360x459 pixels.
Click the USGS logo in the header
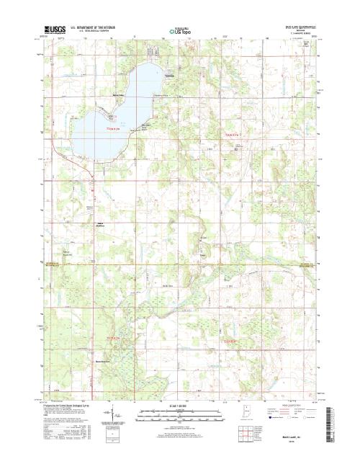point(55,32)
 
